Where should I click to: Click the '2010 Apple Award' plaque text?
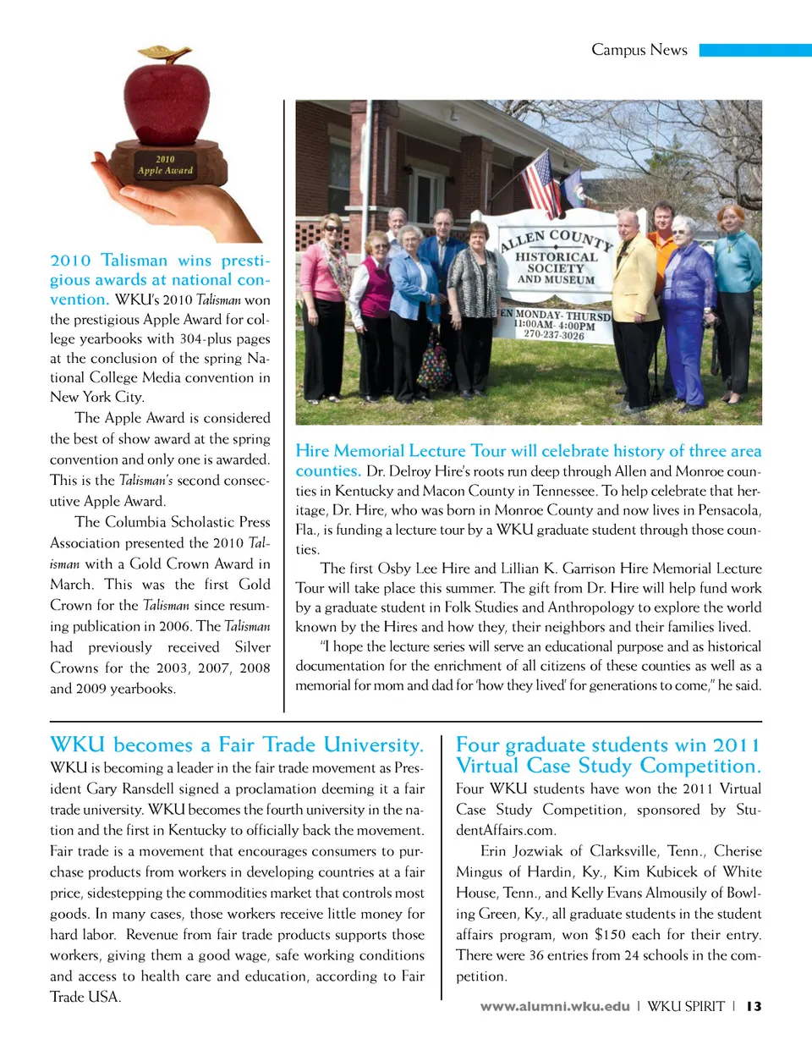coord(165,165)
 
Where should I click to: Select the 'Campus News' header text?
coord(639,50)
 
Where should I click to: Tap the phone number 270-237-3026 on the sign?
coord(553,335)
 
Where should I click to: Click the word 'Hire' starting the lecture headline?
coord(312,451)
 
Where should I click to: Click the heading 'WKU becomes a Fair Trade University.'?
coord(237,745)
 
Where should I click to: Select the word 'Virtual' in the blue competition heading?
coord(488,767)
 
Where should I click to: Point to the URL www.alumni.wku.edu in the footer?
coord(555,1006)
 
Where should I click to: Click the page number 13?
coord(754,1006)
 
